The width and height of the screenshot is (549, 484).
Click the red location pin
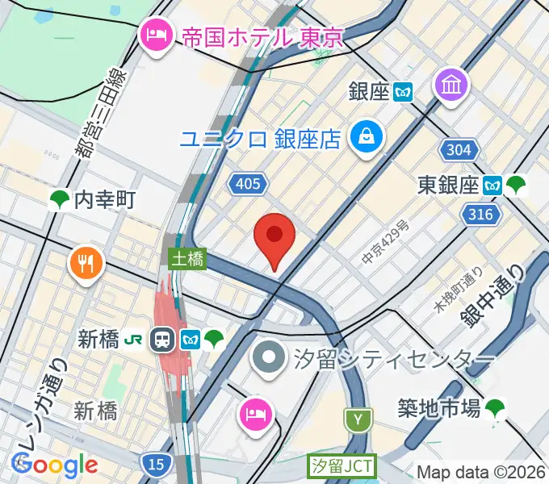pyautogui.click(x=274, y=236)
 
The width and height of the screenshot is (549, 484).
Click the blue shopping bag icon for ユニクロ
pyautogui.click(x=366, y=135)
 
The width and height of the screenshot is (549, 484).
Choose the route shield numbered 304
pyautogui.click(x=460, y=150)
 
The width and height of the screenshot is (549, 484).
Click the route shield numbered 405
pyautogui.click(x=248, y=185)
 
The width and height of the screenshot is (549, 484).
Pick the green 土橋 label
pyautogui.click(x=187, y=259)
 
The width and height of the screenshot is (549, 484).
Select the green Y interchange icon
pyautogui.click(x=357, y=419)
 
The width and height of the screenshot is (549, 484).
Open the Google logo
pyautogui.click(x=54, y=464)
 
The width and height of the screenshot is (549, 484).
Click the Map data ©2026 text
pyautogui.click(x=481, y=471)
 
